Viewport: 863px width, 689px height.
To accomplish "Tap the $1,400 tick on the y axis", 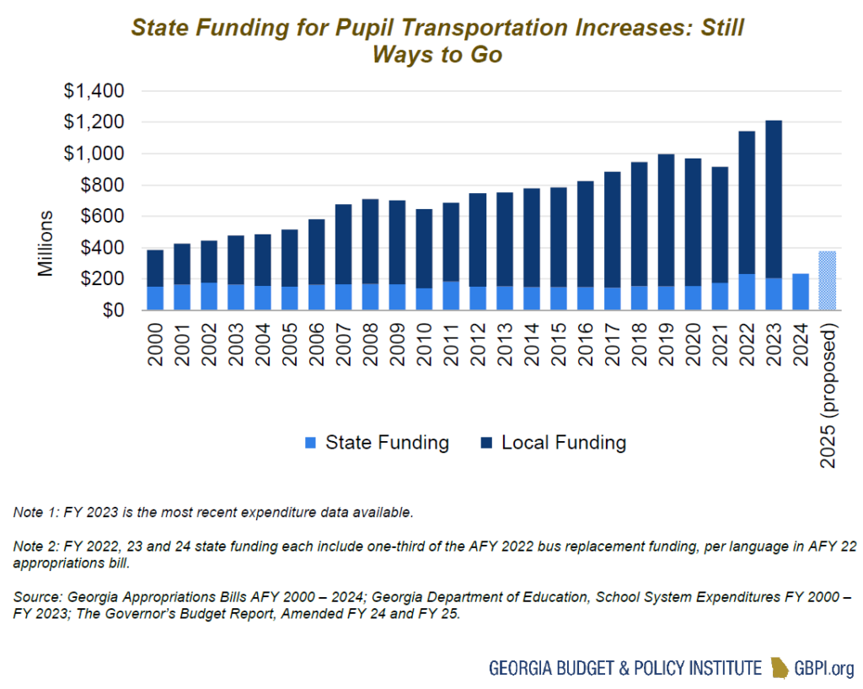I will tap(94, 91).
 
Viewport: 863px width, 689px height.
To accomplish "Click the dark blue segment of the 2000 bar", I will tap(156, 268).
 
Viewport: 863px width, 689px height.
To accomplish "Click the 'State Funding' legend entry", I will tap(377, 443).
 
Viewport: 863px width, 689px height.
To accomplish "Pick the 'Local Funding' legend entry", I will tap(553, 443).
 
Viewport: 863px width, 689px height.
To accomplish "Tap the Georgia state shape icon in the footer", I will tap(780, 669).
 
